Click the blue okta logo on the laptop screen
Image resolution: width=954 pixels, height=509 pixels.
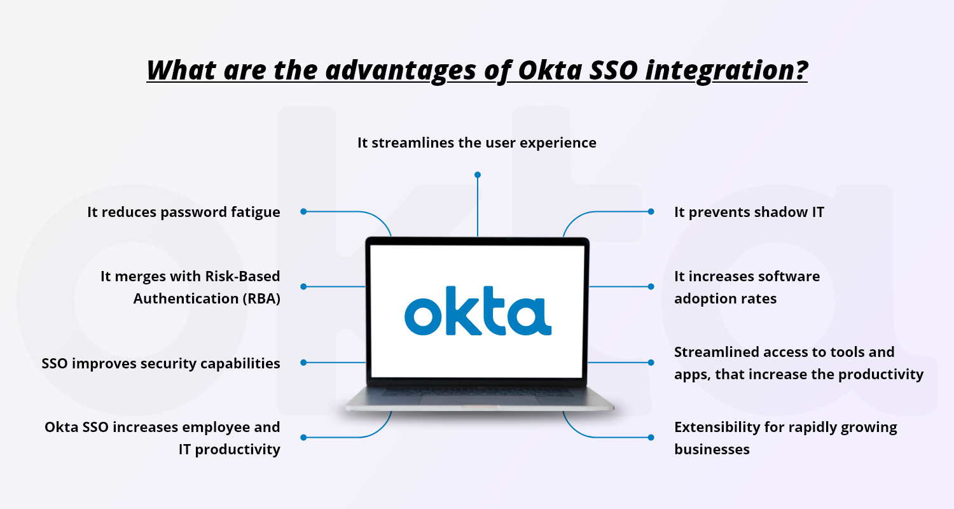point(478,314)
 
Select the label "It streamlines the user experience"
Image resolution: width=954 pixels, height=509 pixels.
point(477,143)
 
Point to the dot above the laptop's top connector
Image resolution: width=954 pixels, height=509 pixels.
point(478,174)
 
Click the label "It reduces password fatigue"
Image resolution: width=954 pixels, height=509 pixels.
point(184,212)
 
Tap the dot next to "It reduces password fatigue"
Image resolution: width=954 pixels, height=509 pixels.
point(303,211)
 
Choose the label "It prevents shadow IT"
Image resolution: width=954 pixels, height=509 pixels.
point(749,212)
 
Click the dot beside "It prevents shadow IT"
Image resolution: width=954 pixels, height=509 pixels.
point(651,211)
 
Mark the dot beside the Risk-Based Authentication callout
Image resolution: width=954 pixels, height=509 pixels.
point(303,286)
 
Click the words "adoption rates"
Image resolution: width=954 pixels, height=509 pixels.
point(725,298)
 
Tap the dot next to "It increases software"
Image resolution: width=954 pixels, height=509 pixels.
point(651,286)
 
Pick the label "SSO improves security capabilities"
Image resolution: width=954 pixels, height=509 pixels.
point(161,363)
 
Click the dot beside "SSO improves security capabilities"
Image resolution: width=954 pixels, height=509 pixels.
point(303,362)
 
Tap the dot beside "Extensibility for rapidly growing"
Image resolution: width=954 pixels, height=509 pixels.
point(651,437)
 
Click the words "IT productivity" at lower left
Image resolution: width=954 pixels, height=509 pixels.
point(229,449)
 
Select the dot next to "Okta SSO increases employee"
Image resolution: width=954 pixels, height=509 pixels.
point(303,437)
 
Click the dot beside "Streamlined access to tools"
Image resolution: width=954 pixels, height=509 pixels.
point(651,362)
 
